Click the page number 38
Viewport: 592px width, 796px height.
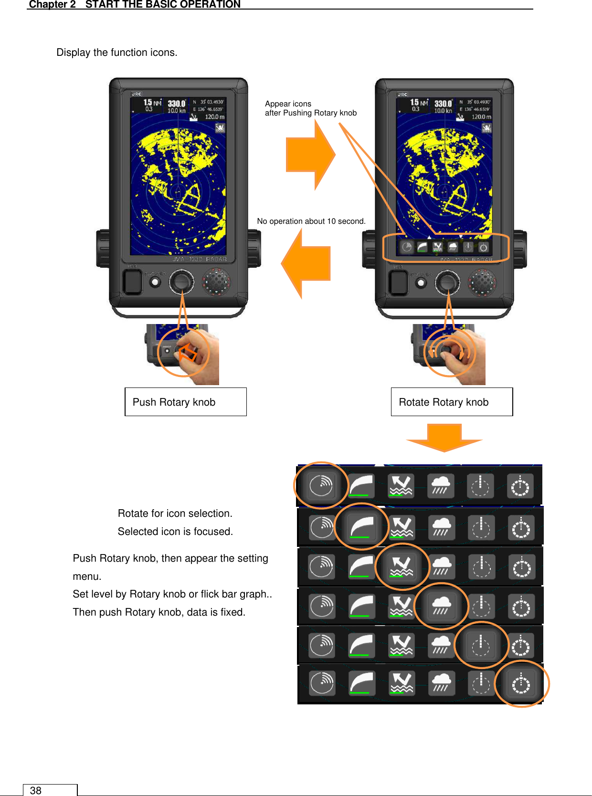[x=36, y=790]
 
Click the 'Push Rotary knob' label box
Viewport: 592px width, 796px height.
[x=185, y=402]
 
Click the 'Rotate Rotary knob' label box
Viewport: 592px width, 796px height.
[x=451, y=402]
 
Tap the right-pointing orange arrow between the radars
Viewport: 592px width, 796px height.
[x=310, y=155]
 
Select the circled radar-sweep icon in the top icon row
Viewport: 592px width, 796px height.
[x=321, y=485]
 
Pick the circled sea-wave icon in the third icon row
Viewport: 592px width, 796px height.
[x=402, y=566]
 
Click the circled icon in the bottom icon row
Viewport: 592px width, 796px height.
[x=521, y=684]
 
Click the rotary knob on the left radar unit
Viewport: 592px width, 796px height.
[x=181, y=282]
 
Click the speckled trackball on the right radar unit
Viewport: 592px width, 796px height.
[x=483, y=282]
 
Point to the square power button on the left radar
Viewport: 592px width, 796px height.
[x=132, y=282]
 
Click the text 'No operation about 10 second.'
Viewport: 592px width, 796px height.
[x=311, y=221]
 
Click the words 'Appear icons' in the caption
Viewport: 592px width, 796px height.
[x=288, y=104]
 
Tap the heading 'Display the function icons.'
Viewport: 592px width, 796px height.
[x=116, y=52]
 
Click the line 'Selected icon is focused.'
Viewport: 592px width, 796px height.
[x=175, y=531]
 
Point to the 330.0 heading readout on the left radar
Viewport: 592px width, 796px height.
[x=176, y=103]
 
